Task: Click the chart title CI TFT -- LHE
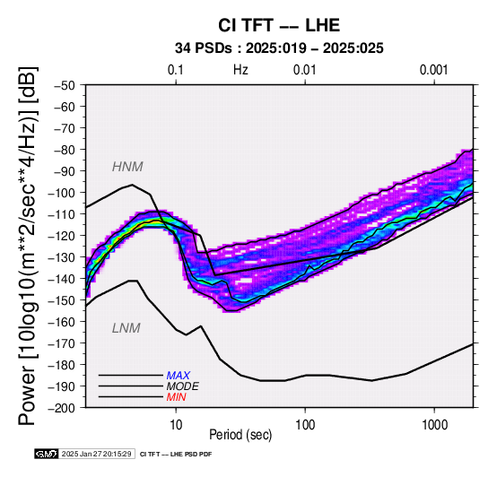click(279, 25)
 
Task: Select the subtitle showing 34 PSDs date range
click(279, 48)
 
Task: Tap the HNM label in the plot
click(127, 167)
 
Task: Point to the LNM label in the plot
click(126, 328)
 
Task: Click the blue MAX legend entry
click(178, 376)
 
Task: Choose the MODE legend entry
click(183, 386)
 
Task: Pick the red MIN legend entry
click(176, 397)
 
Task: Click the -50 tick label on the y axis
click(65, 85)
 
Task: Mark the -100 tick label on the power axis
click(62, 193)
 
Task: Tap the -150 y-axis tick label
click(62, 300)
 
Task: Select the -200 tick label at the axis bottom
click(62, 408)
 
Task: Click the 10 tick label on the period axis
click(176, 425)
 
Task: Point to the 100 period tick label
click(305, 425)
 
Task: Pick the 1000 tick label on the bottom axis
click(434, 425)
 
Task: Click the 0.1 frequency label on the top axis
click(176, 70)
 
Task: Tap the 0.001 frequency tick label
click(434, 70)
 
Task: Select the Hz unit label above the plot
click(240, 70)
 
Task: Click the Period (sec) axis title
click(240, 435)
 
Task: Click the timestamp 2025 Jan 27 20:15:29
click(96, 455)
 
